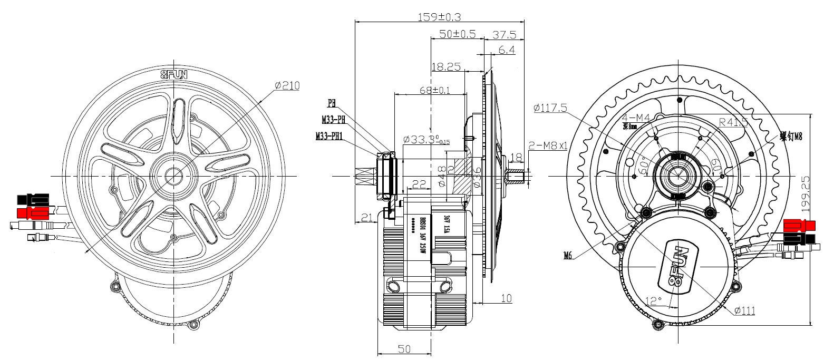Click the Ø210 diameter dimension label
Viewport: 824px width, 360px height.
coord(287,85)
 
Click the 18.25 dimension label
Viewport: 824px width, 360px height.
coord(446,67)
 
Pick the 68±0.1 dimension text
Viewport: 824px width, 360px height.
coord(434,90)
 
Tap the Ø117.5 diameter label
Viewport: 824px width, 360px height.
coord(550,108)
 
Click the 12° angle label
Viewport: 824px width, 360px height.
coord(653,301)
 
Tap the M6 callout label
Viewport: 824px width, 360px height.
coord(568,256)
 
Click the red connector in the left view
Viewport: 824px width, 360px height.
coord(33,213)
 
